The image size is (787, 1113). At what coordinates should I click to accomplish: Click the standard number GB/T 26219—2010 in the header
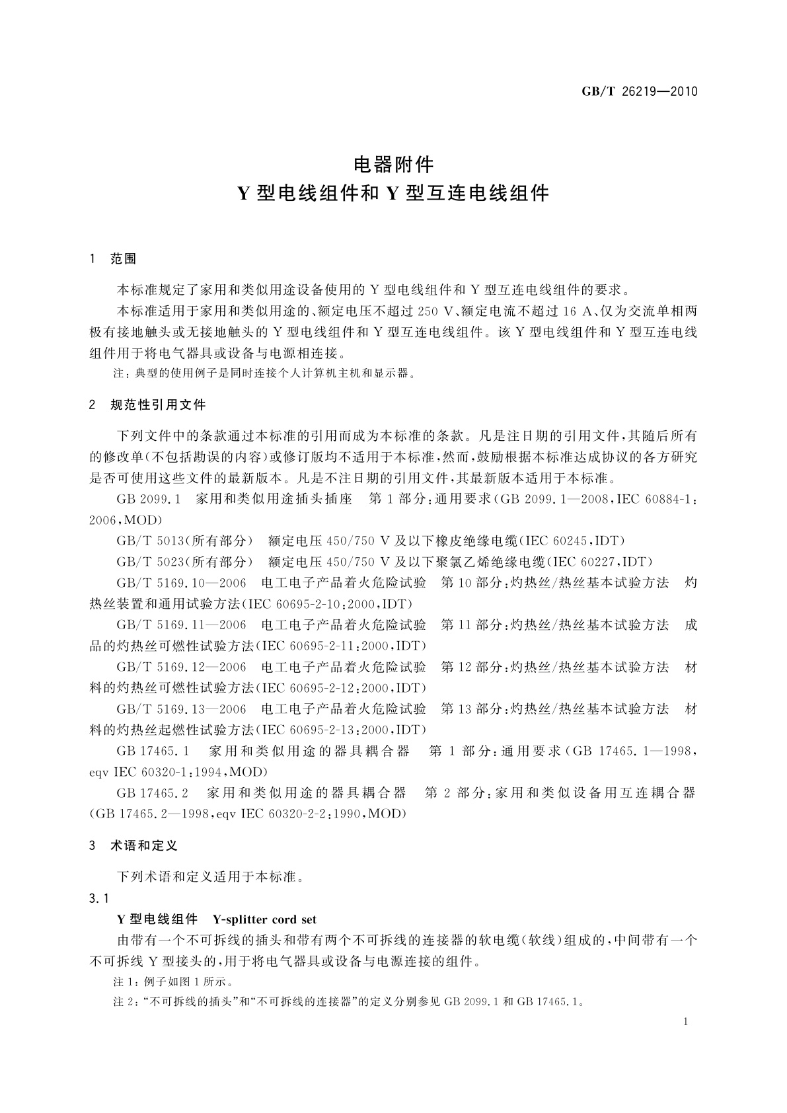pos(639,91)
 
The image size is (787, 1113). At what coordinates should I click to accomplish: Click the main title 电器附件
pos(393,163)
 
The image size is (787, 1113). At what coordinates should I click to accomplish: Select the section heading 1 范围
pos(112,258)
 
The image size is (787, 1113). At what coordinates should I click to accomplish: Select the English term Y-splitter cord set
pos(264,919)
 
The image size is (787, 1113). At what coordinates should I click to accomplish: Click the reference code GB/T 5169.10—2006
pos(181,583)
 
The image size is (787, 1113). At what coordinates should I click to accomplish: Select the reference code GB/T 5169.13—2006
pos(181,709)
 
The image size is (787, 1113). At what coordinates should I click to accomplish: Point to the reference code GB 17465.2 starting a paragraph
pos(153,792)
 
